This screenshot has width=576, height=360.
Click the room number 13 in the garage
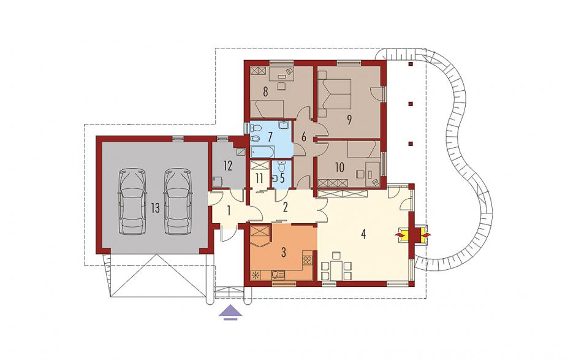click(155, 208)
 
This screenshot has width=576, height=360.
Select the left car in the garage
click(132, 201)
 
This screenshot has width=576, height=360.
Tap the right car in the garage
click(178, 201)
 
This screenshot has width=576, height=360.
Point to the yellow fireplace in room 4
click(412, 234)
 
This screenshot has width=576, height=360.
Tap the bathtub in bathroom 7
click(262, 151)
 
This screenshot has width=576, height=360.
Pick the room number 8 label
click(265, 92)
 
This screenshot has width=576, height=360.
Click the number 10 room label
click(339, 167)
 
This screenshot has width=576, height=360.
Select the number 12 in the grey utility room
click(227, 166)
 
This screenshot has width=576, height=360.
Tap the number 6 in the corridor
click(303, 137)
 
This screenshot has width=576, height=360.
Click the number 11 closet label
click(259, 178)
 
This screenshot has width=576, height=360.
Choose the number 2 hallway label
click(285, 207)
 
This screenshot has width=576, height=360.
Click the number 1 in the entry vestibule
click(229, 211)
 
